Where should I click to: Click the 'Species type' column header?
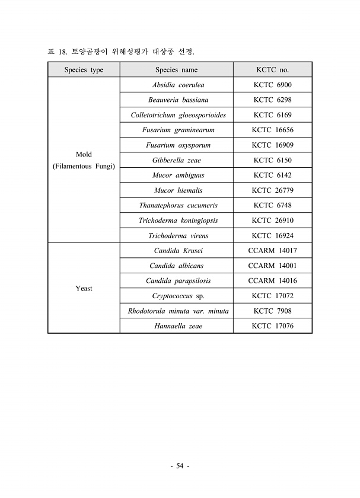click(x=84, y=70)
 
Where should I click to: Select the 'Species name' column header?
click(x=176, y=70)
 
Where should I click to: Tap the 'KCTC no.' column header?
click(x=272, y=70)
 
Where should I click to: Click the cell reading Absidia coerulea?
click(x=178, y=85)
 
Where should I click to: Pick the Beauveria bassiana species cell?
click(x=178, y=100)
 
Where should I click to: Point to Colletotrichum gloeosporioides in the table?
click(x=178, y=115)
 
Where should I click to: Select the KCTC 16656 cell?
click(x=272, y=130)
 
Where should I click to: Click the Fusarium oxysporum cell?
click(x=178, y=145)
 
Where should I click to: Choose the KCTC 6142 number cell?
click(x=272, y=175)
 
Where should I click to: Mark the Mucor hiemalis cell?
click(x=178, y=190)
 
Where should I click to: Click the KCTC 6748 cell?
click(x=272, y=205)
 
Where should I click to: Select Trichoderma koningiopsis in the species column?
click(x=178, y=221)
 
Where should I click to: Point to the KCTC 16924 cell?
click(x=272, y=235)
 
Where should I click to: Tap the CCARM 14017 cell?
click(x=272, y=251)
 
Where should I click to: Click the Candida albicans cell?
click(x=176, y=266)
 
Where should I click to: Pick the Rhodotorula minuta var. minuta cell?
click(x=178, y=311)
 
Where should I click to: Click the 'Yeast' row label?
click(x=84, y=289)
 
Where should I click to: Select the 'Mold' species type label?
click(x=84, y=155)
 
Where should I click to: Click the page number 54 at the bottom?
click(x=180, y=467)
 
